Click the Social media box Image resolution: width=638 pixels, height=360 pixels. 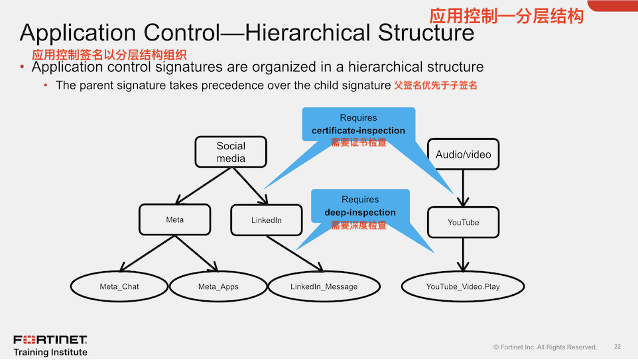[231, 152]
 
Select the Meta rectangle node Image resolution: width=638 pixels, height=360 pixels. [175, 219]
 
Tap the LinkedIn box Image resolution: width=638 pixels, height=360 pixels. [267, 220]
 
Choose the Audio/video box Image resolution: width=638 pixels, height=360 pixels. [464, 154]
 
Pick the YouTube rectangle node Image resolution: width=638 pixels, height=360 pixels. [463, 222]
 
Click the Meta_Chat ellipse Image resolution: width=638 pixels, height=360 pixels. [119, 286]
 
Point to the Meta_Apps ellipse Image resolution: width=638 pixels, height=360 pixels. [218, 286]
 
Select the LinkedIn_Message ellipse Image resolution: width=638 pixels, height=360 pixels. [324, 286]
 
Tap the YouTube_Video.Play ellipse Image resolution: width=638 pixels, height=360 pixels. [463, 286]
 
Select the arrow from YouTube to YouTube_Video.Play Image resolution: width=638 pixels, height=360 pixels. [464, 255]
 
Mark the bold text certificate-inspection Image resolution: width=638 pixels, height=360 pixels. [358, 131]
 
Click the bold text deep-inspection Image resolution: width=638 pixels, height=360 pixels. [360, 212]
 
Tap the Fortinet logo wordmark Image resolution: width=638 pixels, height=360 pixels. [50, 340]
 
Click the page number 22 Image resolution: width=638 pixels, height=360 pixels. [617, 347]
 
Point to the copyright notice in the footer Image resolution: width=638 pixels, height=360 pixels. [545, 347]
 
